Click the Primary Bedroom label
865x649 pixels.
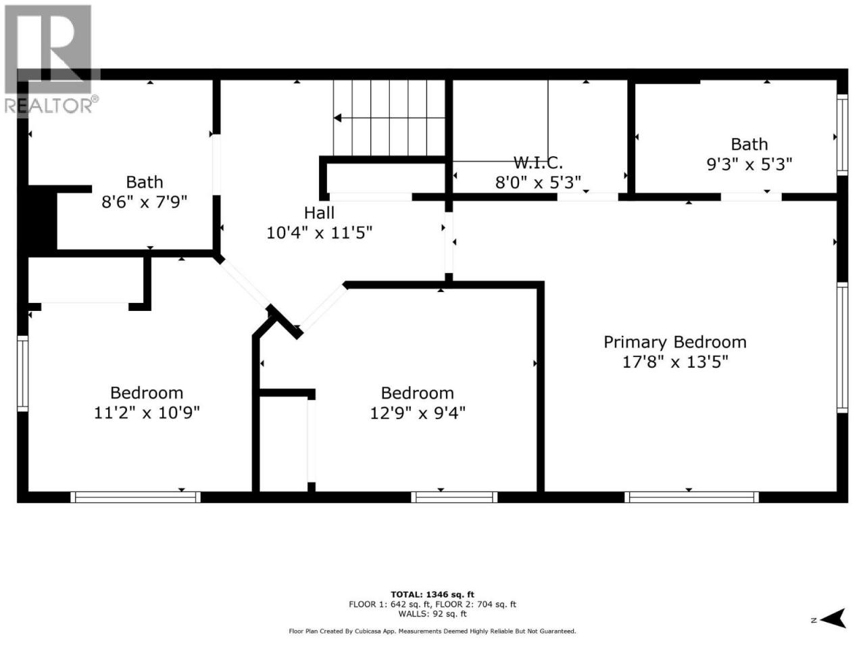tap(674, 342)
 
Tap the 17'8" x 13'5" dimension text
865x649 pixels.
tap(674, 362)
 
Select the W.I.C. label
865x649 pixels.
tap(538, 162)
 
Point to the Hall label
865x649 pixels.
tap(319, 213)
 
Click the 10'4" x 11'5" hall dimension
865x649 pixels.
tap(319, 233)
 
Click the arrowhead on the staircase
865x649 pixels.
tap(337, 118)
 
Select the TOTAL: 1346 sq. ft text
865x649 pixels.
tap(432, 595)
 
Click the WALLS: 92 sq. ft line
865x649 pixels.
tap(432, 614)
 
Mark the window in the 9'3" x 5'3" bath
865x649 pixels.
tap(842, 135)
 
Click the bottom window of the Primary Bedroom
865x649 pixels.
tap(691, 498)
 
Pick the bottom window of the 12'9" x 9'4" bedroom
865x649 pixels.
tap(454, 498)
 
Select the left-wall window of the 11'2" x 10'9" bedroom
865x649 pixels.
tap(22, 374)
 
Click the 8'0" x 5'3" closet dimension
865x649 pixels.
tap(538, 182)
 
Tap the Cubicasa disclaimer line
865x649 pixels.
tap(432, 631)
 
